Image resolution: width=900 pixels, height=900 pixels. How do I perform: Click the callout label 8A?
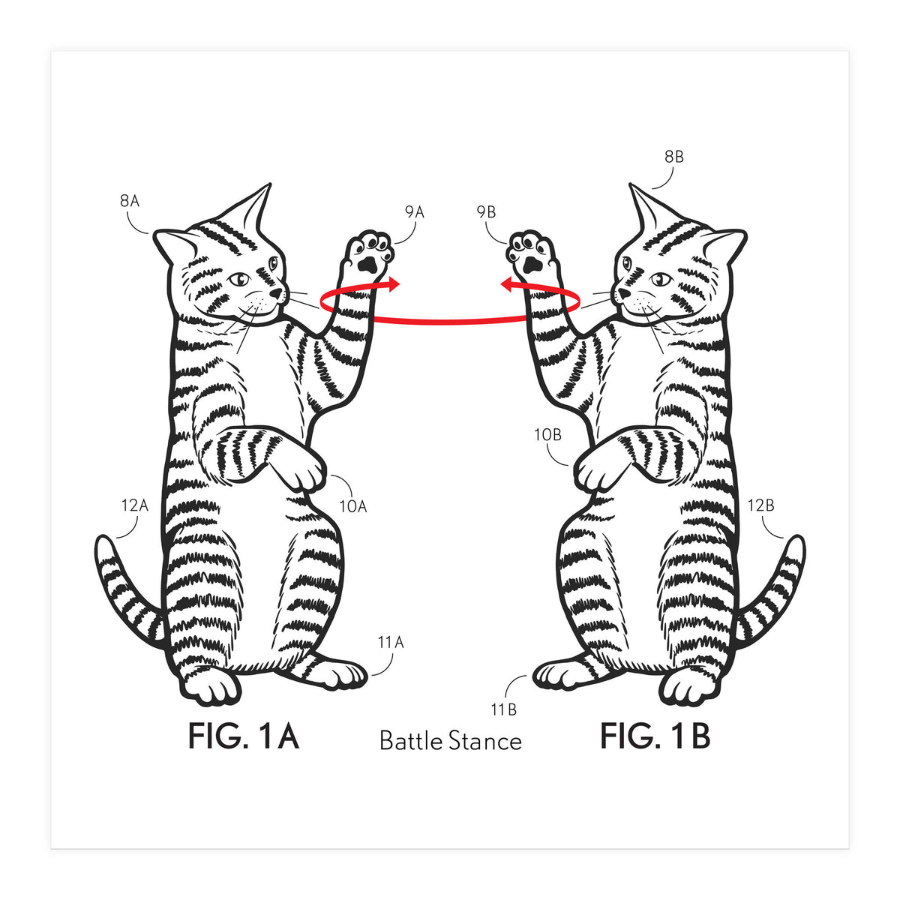pyautogui.click(x=129, y=201)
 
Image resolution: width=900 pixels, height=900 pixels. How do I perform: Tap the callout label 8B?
pyautogui.click(x=674, y=157)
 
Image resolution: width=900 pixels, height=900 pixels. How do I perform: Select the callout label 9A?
pyautogui.click(x=414, y=212)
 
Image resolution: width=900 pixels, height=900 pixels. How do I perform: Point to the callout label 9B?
pyautogui.click(x=486, y=212)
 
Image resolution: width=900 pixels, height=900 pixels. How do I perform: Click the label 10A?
pyautogui.click(x=353, y=506)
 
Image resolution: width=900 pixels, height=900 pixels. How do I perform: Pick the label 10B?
pyautogui.click(x=547, y=435)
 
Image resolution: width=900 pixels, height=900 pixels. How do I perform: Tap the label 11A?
pyautogui.click(x=391, y=643)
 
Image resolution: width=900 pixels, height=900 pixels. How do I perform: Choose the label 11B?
pyautogui.click(x=504, y=710)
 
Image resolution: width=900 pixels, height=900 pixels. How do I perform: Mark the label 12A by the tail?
pyautogui.click(x=134, y=505)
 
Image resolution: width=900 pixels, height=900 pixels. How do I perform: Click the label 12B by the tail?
pyautogui.click(x=760, y=505)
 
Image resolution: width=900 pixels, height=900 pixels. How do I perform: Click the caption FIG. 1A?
pyautogui.click(x=243, y=736)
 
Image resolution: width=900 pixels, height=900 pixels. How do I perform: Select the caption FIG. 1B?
pyautogui.click(x=655, y=736)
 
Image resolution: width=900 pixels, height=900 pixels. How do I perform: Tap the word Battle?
pyautogui.click(x=411, y=741)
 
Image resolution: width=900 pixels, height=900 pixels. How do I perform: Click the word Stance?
pyautogui.click(x=485, y=742)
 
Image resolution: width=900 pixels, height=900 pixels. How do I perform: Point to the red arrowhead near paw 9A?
pyautogui.click(x=394, y=284)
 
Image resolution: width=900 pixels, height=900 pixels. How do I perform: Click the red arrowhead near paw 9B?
pyautogui.click(x=507, y=284)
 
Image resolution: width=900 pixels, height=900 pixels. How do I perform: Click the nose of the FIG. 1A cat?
pyautogui.click(x=277, y=292)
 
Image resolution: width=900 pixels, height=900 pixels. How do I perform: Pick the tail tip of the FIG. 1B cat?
pyautogui.click(x=798, y=541)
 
